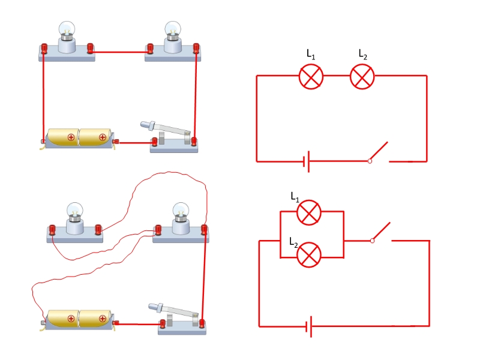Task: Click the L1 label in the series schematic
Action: click(311, 55)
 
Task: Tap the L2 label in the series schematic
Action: click(363, 55)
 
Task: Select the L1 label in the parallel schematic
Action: click(295, 197)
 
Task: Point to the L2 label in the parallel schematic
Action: click(293, 242)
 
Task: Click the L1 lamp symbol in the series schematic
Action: click(311, 77)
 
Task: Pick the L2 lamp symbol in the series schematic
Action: click(362, 77)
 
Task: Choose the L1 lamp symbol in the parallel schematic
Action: click(310, 212)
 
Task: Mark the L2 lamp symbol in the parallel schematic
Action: click(310, 255)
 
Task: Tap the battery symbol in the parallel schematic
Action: click(308, 327)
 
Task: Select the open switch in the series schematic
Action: click(380, 152)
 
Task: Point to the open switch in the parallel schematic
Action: click(382, 233)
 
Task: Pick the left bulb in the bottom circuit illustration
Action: click(74, 209)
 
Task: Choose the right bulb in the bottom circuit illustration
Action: click(181, 210)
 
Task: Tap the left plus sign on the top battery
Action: click(71, 137)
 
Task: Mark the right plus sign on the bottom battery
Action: click(103, 319)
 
